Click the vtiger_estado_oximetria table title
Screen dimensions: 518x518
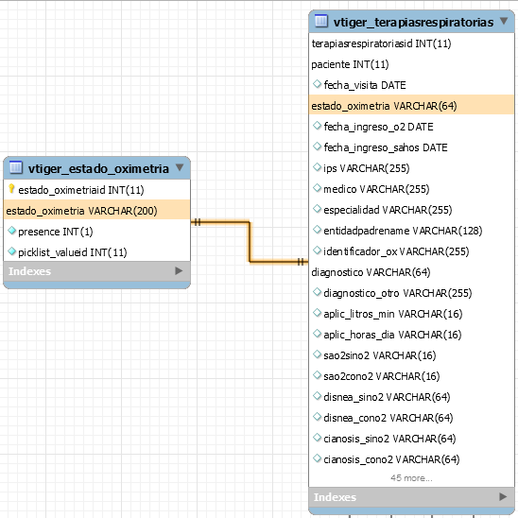tap(98, 168)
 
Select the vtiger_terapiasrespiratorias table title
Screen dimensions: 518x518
tap(413, 22)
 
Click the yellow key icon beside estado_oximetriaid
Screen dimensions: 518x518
tap(11, 189)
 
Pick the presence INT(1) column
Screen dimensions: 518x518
tap(56, 232)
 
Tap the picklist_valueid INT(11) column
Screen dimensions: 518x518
tap(73, 252)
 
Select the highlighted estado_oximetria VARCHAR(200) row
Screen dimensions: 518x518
tap(81, 211)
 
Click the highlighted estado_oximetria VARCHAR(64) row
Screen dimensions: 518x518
tap(384, 106)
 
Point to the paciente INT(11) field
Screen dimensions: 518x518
tap(350, 64)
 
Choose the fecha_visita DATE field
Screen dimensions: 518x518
tap(365, 85)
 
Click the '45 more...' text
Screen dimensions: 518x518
tap(411, 477)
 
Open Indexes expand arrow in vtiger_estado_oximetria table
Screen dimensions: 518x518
tap(179, 271)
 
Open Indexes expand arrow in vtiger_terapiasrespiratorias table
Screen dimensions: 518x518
tap(503, 496)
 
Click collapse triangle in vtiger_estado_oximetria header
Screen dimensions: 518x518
tap(180, 167)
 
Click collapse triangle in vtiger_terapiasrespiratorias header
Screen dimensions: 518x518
tap(504, 21)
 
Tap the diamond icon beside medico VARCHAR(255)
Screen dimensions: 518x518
tap(318, 188)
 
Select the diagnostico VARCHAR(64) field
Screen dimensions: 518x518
tap(371, 272)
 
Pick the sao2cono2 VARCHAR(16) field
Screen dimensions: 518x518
tap(382, 376)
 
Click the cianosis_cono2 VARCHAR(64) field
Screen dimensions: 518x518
tap(391, 459)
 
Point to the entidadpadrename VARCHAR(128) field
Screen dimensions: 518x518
tap(403, 231)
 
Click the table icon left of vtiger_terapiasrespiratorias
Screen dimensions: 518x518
tap(321, 21)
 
